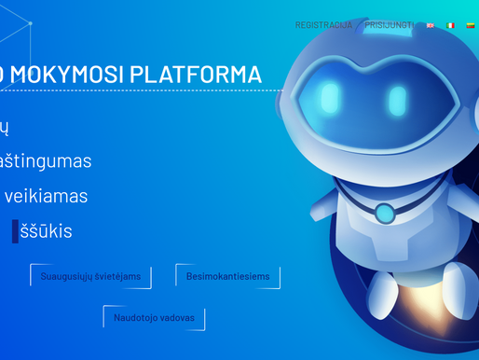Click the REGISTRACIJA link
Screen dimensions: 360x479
coord(323,25)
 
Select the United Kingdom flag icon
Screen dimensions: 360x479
coord(430,26)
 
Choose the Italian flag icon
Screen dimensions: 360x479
coord(450,26)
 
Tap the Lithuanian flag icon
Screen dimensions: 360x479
coord(470,26)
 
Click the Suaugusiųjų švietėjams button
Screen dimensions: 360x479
coord(90,276)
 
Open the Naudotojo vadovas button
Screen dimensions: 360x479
coord(154,318)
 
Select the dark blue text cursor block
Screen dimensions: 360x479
coord(15,230)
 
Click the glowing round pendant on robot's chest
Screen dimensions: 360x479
coord(383,212)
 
